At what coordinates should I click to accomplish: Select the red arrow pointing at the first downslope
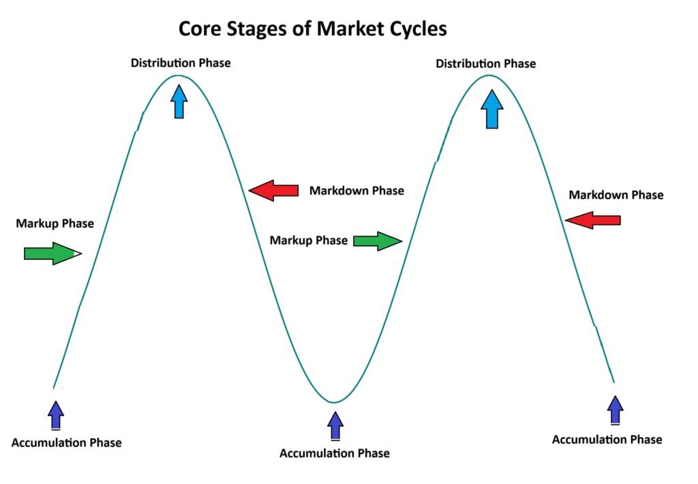(x=274, y=191)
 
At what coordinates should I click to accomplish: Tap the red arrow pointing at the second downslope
(x=593, y=220)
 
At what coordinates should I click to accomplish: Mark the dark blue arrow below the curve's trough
(x=335, y=426)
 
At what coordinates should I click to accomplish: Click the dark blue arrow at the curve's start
(x=57, y=414)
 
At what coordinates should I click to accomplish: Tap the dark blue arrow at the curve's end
(x=616, y=410)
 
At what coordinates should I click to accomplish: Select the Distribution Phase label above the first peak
(x=181, y=63)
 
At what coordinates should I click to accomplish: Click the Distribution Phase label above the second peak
(x=485, y=64)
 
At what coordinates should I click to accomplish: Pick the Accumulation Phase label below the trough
(x=335, y=453)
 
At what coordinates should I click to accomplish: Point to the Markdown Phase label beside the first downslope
(x=356, y=191)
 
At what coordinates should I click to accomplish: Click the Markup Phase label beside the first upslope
(x=55, y=223)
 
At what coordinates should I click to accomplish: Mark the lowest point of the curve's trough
(x=333, y=402)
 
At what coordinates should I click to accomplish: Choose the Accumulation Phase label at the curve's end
(x=607, y=440)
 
